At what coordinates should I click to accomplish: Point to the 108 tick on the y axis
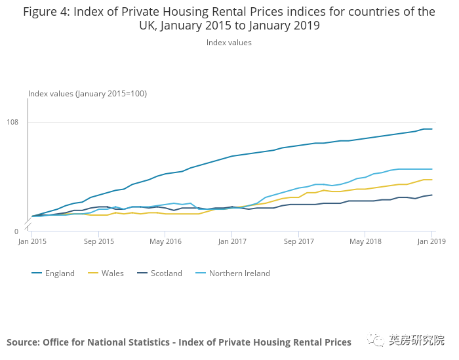click(x=12, y=123)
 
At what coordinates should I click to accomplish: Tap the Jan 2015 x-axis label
click(x=32, y=241)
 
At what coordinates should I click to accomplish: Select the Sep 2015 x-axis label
click(x=99, y=241)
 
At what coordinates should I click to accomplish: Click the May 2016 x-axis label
click(x=165, y=241)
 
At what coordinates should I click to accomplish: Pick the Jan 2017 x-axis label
click(x=232, y=241)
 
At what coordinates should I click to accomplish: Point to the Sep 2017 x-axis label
click(x=298, y=241)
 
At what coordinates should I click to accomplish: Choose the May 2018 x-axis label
click(x=365, y=241)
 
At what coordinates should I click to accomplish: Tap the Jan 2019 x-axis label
click(x=431, y=241)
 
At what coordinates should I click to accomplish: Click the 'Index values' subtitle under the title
click(x=229, y=43)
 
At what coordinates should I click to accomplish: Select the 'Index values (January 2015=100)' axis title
click(x=87, y=94)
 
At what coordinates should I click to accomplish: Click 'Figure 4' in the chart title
click(x=49, y=12)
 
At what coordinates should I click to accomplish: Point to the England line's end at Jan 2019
click(x=431, y=129)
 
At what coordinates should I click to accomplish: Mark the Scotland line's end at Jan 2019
click(x=431, y=195)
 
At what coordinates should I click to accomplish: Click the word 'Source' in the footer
click(x=24, y=342)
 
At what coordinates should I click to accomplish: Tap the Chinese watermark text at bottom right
click(x=416, y=340)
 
